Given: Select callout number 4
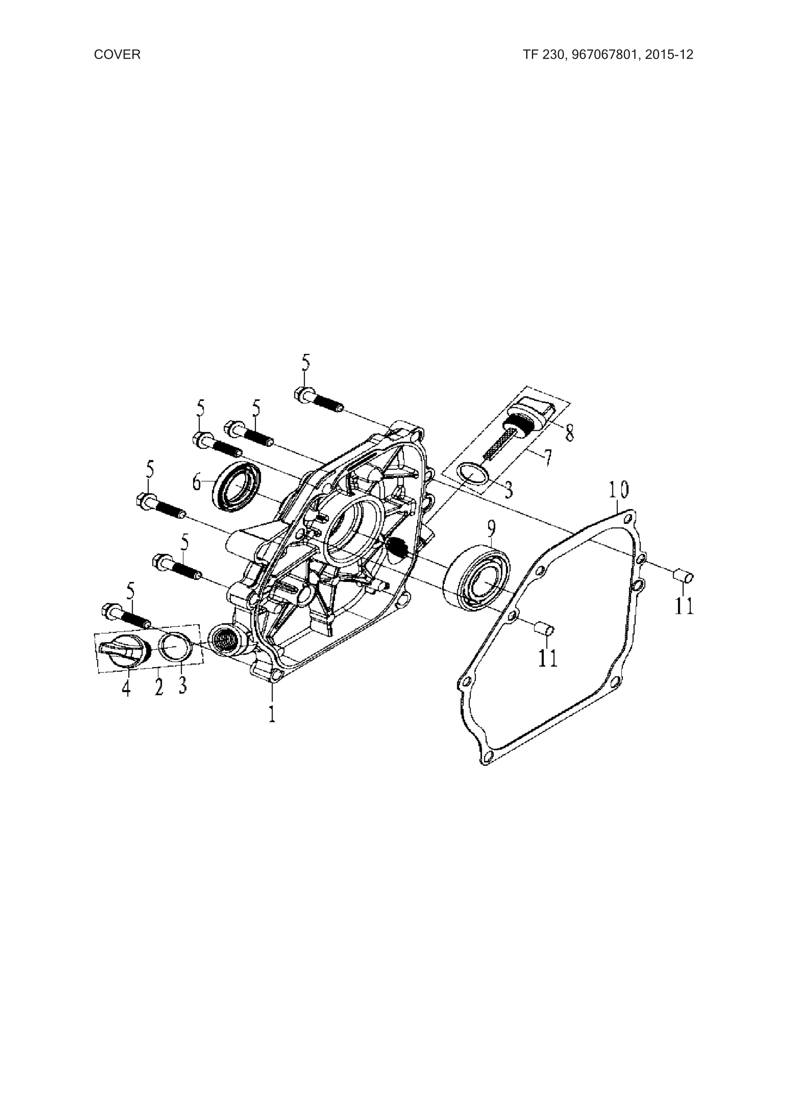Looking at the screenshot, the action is click(x=126, y=688).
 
